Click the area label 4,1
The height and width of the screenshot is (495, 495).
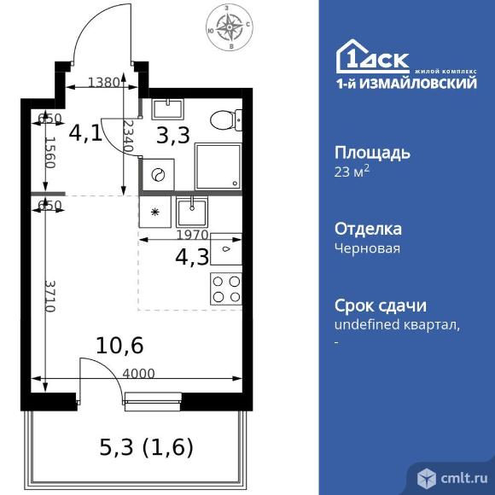(85, 133)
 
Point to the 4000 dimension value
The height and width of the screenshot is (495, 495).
(139, 372)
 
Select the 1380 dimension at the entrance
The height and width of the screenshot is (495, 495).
(104, 83)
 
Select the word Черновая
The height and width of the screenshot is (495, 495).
(366, 248)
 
